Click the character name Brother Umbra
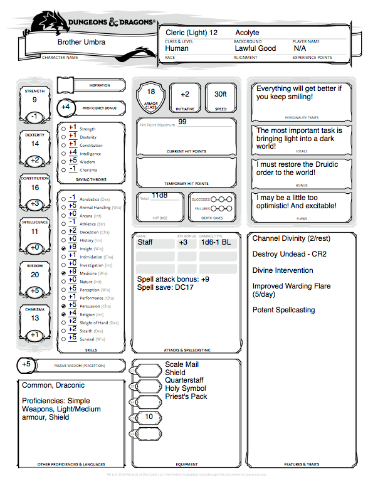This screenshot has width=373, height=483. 81,42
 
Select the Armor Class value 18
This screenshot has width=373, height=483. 151,92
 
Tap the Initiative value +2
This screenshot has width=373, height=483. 185,94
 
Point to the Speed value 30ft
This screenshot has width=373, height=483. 221,94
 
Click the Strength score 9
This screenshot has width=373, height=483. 34,100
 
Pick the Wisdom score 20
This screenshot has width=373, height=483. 34,274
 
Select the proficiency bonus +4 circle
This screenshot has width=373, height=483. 66,107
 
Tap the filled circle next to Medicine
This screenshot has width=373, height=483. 63,273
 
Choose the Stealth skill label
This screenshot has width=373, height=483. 87,331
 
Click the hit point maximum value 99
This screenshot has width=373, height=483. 182,122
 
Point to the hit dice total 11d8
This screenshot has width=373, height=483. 160,196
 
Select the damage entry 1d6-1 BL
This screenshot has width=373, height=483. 216,242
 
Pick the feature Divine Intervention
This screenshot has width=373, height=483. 283,270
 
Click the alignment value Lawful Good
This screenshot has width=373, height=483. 255,48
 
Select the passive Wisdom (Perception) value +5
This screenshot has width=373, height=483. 26,364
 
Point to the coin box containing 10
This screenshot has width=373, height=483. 149,417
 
